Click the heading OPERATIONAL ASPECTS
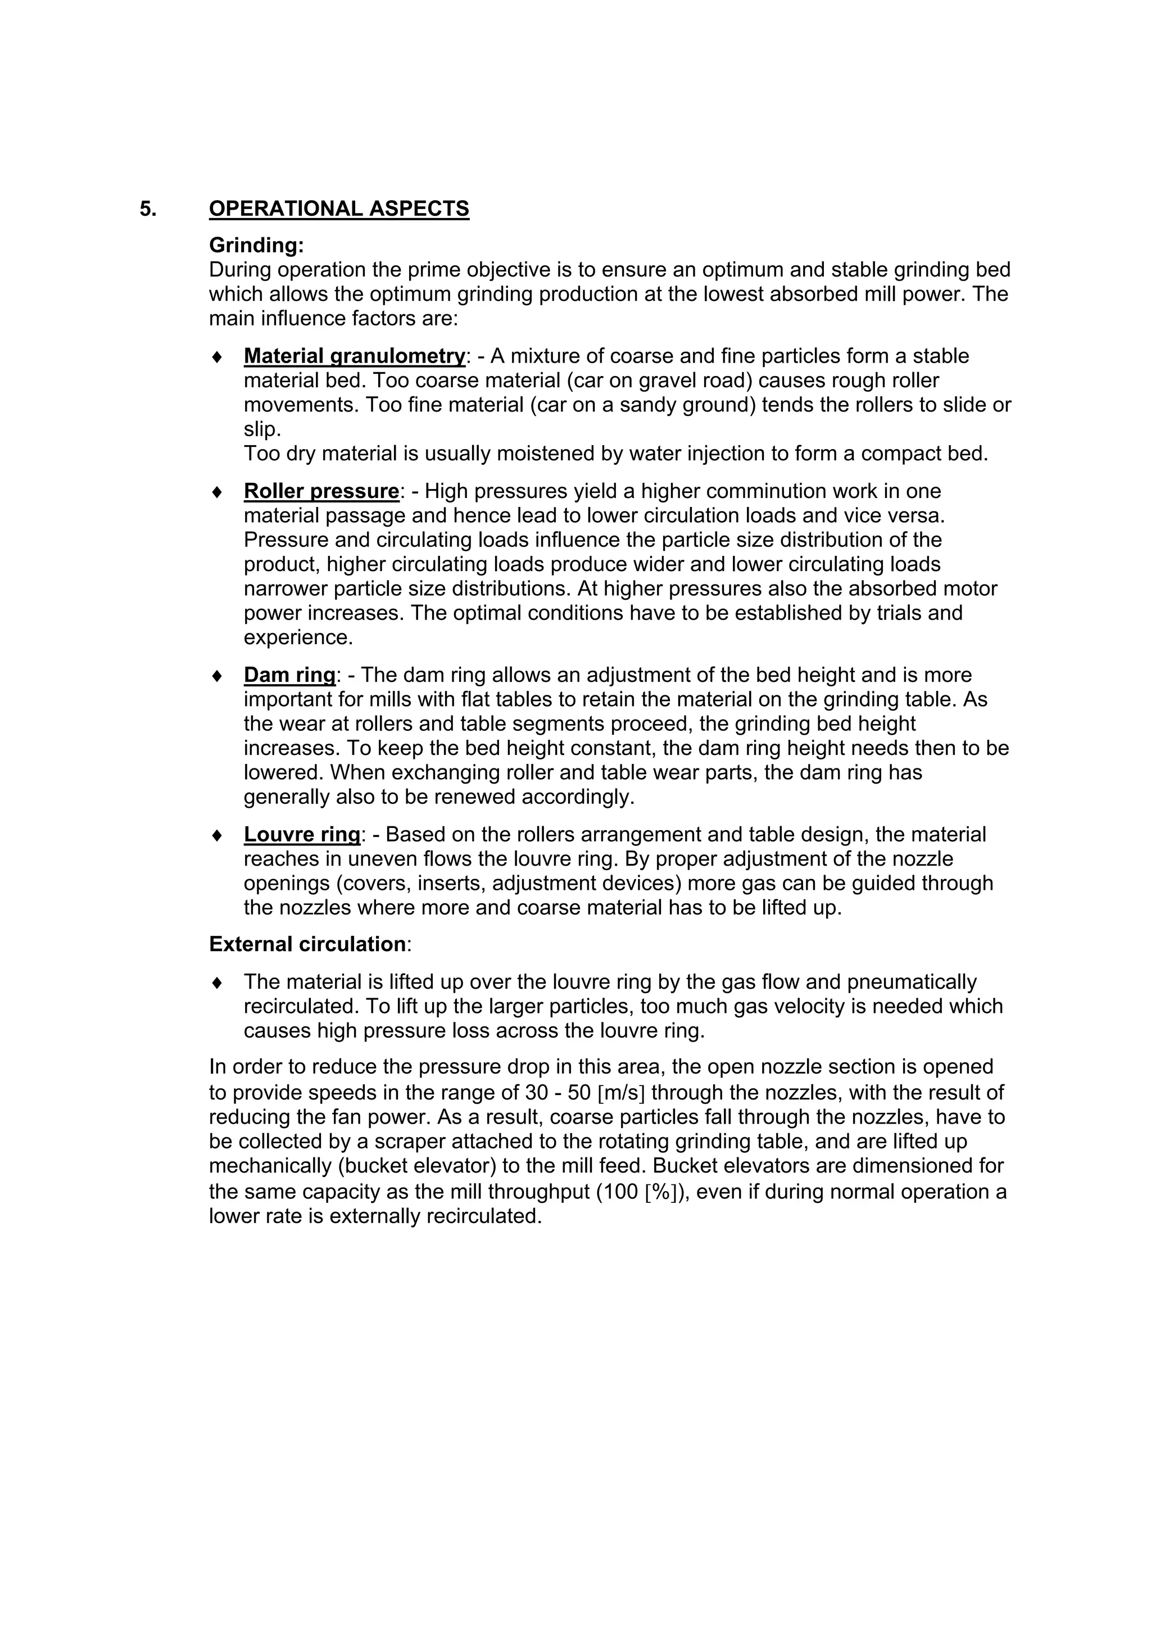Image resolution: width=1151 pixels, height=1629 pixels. (339, 209)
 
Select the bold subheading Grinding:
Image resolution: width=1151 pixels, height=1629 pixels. (256, 246)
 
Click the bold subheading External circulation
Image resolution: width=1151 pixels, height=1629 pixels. (307, 944)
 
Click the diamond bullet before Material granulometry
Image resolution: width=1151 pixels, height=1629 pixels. (217, 356)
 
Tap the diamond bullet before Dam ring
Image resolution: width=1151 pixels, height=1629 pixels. (217, 676)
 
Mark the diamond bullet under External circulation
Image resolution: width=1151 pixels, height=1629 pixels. (217, 983)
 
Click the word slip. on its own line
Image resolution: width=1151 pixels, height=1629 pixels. (262, 429)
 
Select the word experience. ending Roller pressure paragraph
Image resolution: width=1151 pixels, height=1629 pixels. (298, 637)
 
